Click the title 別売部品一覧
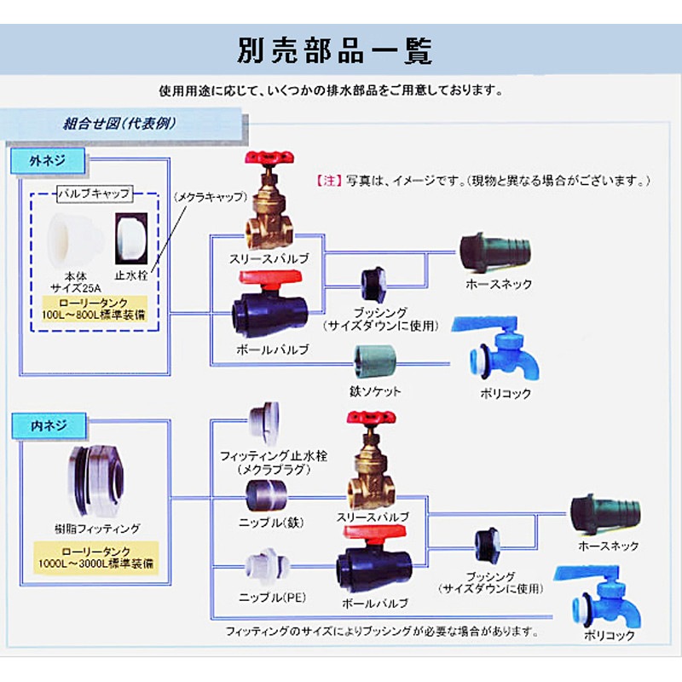[334, 50]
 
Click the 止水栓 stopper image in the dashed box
[131, 238]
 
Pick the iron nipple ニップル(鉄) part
[267, 494]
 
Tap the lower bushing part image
[488, 543]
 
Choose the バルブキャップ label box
[93, 194]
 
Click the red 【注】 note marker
[328, 181]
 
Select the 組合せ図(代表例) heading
[119, 122]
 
